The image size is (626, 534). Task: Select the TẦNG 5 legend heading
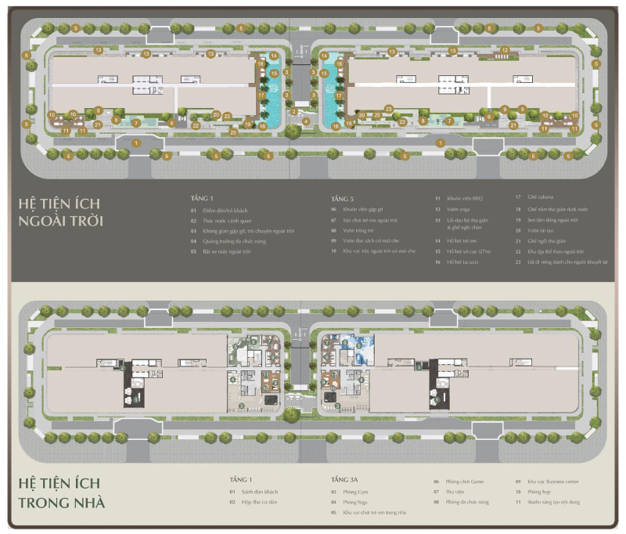pos(343,199)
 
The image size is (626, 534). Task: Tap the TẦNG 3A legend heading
pos(344,478)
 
